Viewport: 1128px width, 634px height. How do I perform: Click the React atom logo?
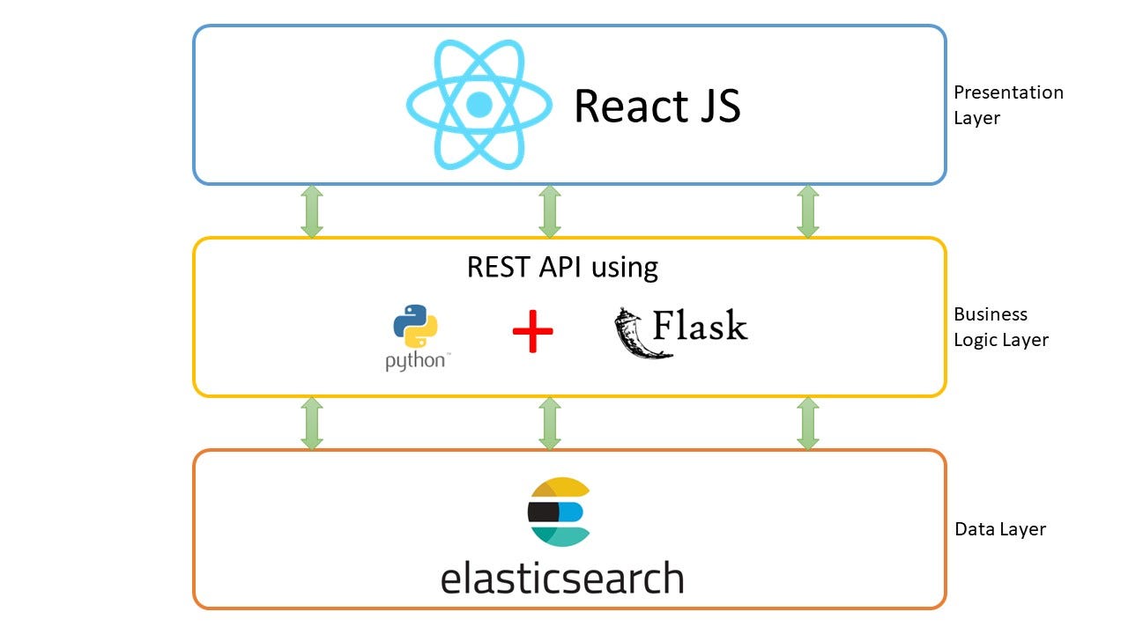pos(479,105)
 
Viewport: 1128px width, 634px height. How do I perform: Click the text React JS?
pos(657,106)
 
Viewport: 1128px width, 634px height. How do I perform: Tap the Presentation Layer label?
pos(1008,105)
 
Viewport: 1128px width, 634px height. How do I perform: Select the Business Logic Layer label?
pos(1001,327)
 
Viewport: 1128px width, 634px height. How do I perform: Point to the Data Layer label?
pos(1000,529)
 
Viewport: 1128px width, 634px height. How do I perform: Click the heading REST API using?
pos(562,267)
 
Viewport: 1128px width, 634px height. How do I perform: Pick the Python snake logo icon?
pos(415,327)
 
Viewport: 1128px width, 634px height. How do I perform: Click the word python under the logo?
pos(414,361)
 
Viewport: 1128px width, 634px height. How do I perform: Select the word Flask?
pos(701,326)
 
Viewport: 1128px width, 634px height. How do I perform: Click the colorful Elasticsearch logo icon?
pos(558,512)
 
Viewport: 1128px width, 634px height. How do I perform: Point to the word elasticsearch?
pos(562,579)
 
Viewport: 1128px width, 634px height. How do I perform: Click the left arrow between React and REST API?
pos(311,211)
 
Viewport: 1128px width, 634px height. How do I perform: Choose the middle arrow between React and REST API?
pos(549,211)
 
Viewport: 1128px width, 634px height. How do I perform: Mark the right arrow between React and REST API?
pos(807,211)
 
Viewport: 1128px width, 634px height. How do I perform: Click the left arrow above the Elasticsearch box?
pos(311,424)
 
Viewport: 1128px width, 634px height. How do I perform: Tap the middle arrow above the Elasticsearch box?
pos(549,424)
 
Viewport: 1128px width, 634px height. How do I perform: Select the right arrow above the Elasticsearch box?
pos(807,424)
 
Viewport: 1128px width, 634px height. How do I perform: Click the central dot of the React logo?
pos(479,105)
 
